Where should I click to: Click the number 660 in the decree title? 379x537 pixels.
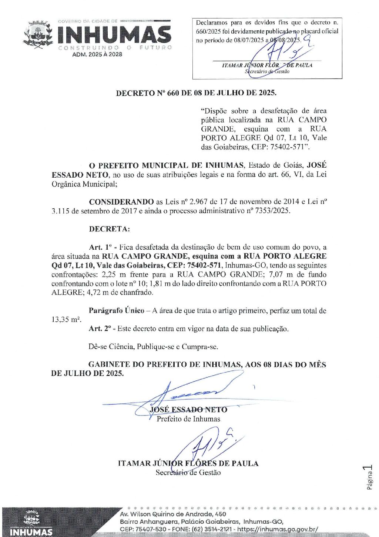pyautogui.click(x=173, y=93)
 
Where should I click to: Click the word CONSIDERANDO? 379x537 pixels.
pyautogui.click(x=121, y=202)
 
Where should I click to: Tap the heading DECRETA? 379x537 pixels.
pyautogui.click(x=109, y=229)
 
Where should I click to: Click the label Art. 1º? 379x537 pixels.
pyautogui.click(x=100, y=247)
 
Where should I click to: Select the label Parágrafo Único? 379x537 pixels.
pyautogui.click(x=116, y=311)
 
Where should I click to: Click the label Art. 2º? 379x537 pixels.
pyautogui.click(x=100, y=329)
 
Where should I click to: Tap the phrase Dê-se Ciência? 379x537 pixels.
pyautogui.click(x=111, y=346)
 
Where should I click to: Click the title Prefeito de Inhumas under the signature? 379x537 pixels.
pyautogui.click(x=188, y=419)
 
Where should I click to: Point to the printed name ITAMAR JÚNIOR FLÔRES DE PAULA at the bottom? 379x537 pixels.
pyautogui.click(x=188, y=463)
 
